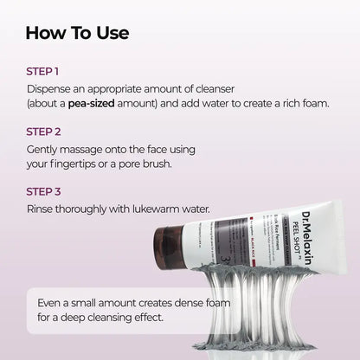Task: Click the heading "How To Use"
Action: coord(78,34)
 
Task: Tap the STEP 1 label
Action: coord(43,73)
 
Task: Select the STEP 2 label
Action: coord(44,132)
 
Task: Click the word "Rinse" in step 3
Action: coord(42,208)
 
